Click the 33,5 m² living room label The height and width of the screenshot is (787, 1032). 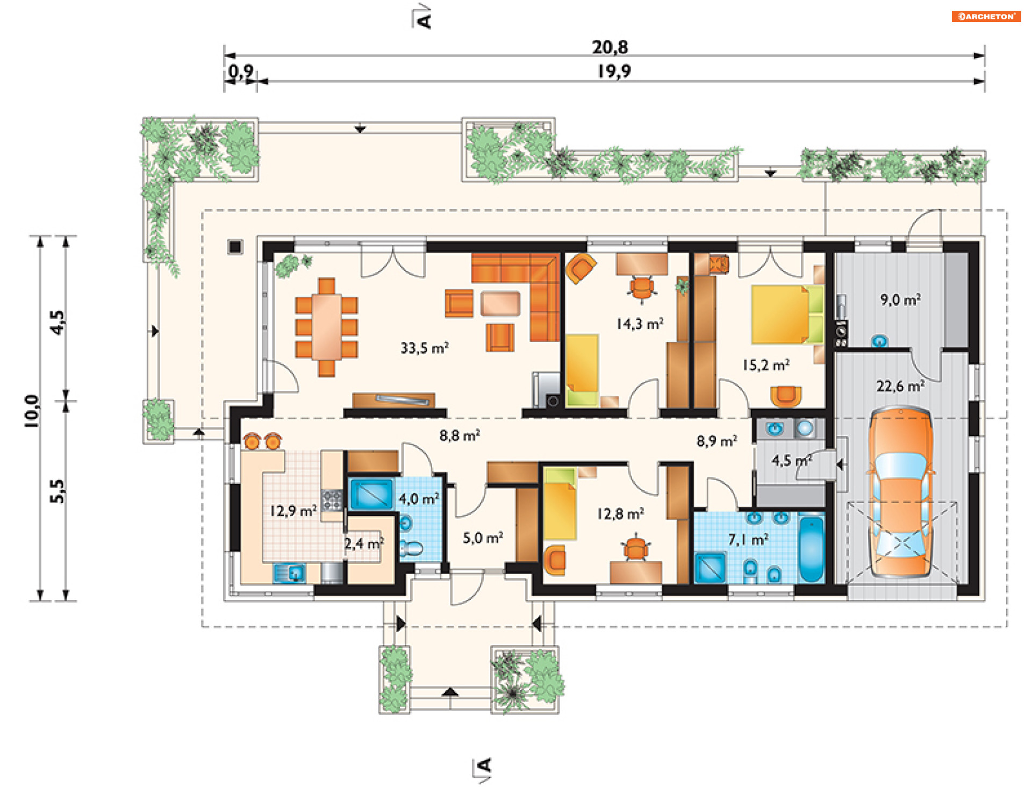[424, 348]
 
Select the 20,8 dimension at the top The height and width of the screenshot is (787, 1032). [610, 47]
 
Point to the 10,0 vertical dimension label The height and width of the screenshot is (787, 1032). [32, 411]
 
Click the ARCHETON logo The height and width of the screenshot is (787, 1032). [986, 16]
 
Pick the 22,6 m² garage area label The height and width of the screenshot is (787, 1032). [900, 386]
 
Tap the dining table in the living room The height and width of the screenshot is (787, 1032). [326, 327]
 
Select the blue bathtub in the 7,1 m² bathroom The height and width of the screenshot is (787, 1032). [811, 548]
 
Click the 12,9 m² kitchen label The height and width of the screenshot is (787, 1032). [293, 511]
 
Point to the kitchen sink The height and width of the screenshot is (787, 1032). [289, 573]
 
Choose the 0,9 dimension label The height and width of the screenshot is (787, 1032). [241, 71]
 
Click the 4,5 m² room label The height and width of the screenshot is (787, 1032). [791, 460]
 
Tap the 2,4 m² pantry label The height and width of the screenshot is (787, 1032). [364, 543]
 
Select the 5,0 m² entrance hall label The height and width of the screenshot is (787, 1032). [483, 538]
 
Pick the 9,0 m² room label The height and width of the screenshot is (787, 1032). [900, 299]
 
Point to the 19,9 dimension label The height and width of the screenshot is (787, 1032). [614, 71]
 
